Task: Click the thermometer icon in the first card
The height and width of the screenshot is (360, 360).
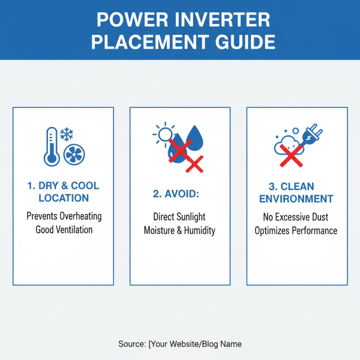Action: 51,147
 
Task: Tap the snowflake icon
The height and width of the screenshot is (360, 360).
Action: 67,134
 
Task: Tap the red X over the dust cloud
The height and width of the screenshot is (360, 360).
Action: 291,157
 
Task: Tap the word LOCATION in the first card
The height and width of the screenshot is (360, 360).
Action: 63,198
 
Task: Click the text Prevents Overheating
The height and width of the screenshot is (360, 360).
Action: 64,216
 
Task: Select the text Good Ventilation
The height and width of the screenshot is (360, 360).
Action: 64,230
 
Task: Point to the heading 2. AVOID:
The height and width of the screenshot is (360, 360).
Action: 176,193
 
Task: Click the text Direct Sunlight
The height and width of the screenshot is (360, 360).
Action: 180,217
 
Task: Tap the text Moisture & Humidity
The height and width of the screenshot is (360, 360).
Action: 180,231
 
